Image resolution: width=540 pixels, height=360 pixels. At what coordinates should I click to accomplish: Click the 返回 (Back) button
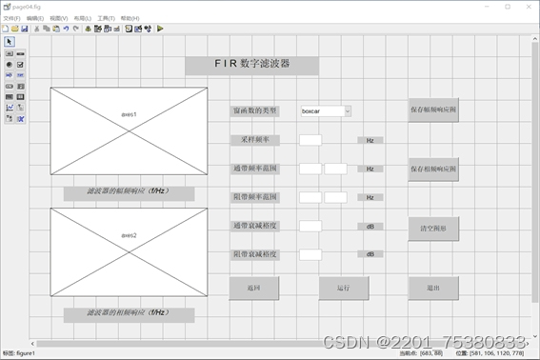[254, 288]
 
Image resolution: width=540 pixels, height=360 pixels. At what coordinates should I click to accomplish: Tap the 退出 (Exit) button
[433, 288]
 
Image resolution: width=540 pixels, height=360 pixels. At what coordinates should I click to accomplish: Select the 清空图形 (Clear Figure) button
[433, 229]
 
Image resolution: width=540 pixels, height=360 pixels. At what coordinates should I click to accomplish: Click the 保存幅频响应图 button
[433, 110]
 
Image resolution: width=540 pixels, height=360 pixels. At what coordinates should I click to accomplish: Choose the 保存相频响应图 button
[433, 169]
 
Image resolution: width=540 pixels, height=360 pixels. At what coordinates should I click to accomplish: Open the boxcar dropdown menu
[326, 111]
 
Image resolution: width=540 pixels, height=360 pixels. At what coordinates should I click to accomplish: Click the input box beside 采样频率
[310, 140]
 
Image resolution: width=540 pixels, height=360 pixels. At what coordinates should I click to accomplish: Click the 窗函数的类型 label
[255, 111]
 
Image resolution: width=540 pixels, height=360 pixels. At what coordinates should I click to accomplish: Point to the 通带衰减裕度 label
[255, 227]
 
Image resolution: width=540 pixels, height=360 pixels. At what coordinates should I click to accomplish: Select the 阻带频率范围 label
[255, 197]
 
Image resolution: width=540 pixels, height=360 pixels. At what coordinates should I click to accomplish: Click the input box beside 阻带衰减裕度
[310, 255]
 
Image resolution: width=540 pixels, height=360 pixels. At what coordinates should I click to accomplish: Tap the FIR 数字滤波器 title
[252, 65]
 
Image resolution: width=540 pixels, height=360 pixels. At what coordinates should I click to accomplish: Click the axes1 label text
[129, 114]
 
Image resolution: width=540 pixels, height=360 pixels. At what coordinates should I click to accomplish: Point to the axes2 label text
[129, 234]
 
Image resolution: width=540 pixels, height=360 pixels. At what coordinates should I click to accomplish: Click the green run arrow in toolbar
[160, 29]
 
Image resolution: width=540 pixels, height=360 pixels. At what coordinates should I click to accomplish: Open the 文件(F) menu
[11, 18]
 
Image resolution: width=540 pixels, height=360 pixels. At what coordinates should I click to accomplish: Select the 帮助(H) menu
[130, 18]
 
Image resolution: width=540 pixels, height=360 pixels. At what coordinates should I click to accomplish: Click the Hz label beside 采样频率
[370, 140]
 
